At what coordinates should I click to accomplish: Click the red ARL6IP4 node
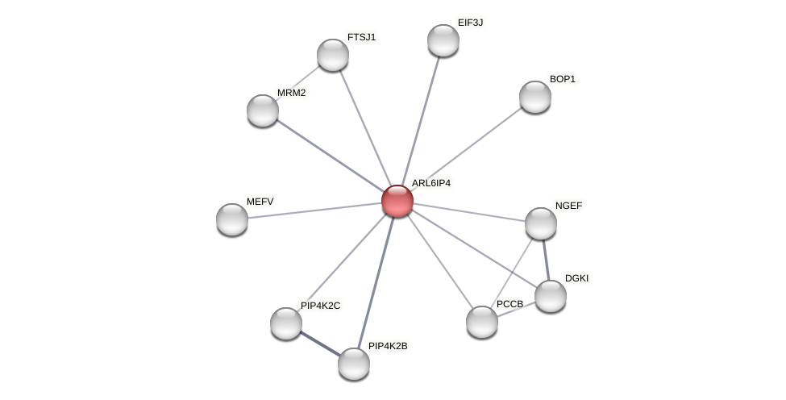[397, 201]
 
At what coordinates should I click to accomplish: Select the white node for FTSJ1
[333, 55]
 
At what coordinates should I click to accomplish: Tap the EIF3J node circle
[443, 40]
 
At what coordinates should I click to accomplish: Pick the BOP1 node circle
[534, 97]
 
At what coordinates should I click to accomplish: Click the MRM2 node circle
[263, 110]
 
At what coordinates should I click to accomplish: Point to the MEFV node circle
[232, 219]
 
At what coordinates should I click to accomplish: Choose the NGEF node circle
[540, 223]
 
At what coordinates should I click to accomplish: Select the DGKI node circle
[551, 296]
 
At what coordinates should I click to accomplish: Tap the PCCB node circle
[482, 322]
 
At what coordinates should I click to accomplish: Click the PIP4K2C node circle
[286, 323]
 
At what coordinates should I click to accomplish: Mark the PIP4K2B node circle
[354, 364]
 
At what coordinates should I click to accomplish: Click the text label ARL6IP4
[431, 183]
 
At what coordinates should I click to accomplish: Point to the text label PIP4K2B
[388, 346]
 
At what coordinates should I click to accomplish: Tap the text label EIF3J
[470, 23]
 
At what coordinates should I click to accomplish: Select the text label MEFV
[260, 202]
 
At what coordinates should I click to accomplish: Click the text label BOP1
[563, 79]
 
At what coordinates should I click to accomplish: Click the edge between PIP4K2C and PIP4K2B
[320, 344]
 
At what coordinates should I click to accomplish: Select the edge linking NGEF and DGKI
[546, 260]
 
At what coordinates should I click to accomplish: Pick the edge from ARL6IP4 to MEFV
[314, 210]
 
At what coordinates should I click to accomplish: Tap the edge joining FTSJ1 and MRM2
[298, 82]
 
